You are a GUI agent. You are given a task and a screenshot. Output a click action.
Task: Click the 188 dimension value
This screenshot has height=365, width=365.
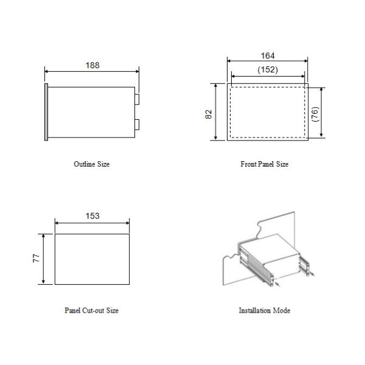[92, 65]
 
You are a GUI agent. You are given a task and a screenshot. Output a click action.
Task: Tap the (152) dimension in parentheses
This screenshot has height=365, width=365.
[267, 69]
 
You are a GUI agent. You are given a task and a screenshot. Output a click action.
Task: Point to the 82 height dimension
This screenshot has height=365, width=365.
[209, 114]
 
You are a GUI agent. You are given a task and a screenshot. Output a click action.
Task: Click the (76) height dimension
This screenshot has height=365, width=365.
[315, 113]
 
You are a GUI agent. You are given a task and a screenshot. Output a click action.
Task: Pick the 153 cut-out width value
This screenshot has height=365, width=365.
[92, 215]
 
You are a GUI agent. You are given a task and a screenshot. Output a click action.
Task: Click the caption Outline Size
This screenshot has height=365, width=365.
[91, 164]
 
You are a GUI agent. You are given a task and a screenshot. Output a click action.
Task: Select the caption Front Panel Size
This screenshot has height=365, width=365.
[264, 164]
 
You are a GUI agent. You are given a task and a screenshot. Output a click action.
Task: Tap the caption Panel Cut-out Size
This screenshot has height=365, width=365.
[91, 310]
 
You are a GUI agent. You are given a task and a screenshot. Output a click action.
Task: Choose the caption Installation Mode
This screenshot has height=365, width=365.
[264, 310]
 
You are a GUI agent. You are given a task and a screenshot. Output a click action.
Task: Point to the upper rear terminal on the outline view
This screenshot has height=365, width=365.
[137, 99]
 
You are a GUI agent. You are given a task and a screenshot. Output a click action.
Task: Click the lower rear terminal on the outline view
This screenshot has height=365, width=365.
[137, 125]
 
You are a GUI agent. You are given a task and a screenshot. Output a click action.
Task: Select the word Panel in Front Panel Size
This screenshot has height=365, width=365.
[263, 164]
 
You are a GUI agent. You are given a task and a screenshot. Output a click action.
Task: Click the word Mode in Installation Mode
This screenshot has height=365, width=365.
[282, 310]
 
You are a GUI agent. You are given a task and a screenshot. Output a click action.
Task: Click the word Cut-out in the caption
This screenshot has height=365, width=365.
[94, 310]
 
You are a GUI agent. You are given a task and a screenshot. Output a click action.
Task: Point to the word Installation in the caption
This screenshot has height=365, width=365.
[255, 310]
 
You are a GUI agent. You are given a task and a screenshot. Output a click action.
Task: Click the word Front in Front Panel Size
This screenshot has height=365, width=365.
[248, 164]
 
